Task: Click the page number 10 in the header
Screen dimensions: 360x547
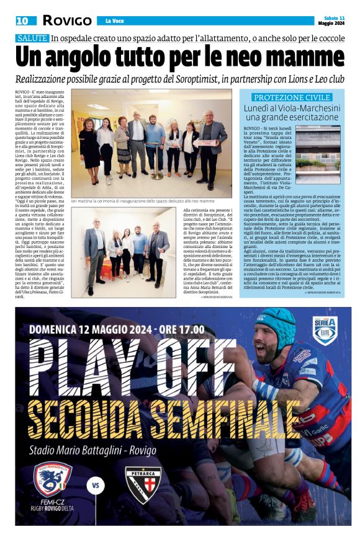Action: click(22, 20)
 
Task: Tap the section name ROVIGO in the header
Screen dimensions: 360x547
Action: click(67, 20)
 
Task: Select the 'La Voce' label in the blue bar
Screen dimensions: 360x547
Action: click(115, 20)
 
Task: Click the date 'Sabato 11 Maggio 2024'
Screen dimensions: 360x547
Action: click(333, 20)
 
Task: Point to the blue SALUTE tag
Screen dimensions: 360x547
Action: click(32, 38)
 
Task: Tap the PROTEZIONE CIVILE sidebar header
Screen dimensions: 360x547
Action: click(292, 97)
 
